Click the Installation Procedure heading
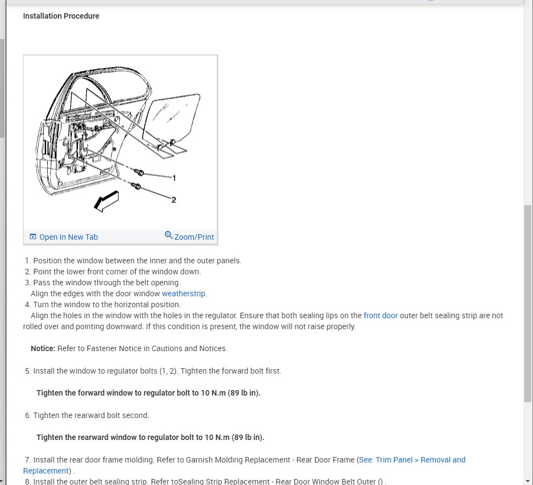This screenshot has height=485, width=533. point(61,16)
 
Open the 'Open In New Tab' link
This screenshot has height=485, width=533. point(68,237)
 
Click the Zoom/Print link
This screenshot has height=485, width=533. point(194,237)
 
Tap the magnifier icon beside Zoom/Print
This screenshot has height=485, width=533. point(169,235)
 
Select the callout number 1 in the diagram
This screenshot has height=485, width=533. point(174,178)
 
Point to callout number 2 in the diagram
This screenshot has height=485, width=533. point(174,200)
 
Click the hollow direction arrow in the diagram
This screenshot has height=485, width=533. point(106,200)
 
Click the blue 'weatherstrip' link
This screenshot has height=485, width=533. point(183,294)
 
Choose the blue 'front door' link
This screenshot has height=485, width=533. point(380,315)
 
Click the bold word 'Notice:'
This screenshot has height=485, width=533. point(43,348)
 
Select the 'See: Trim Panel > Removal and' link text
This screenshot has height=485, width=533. point(412,460)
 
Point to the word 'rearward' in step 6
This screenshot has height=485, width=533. point(85,415)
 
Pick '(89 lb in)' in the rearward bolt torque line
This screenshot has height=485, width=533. point(248,437)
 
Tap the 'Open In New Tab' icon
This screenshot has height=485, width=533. point(33,237)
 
